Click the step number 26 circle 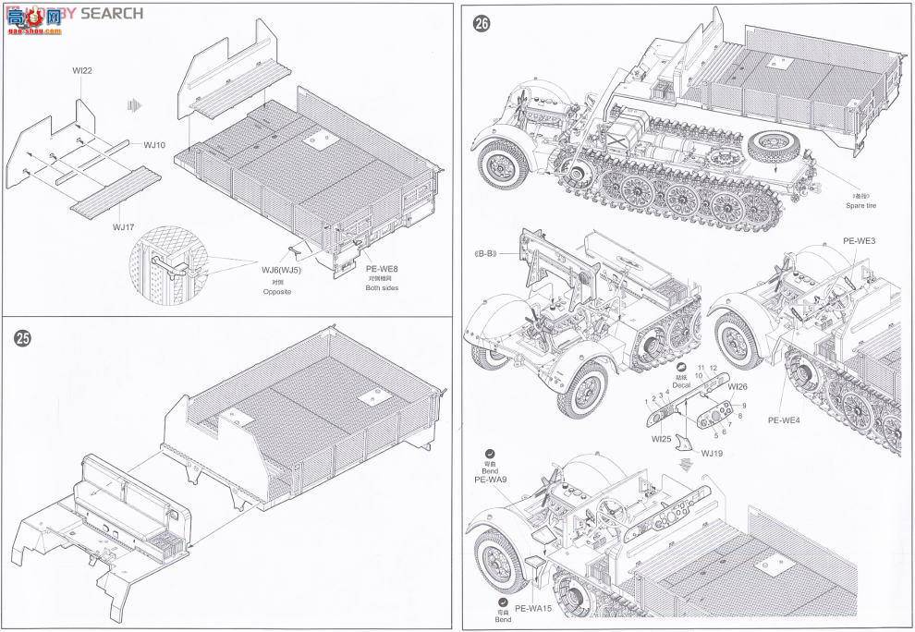tap(481, 25)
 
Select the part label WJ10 tap(154, 145)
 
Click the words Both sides tap(380, 288)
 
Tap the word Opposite tap(277, 291)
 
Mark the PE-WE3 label tap(859, 240)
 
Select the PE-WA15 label tap(533, 608)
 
